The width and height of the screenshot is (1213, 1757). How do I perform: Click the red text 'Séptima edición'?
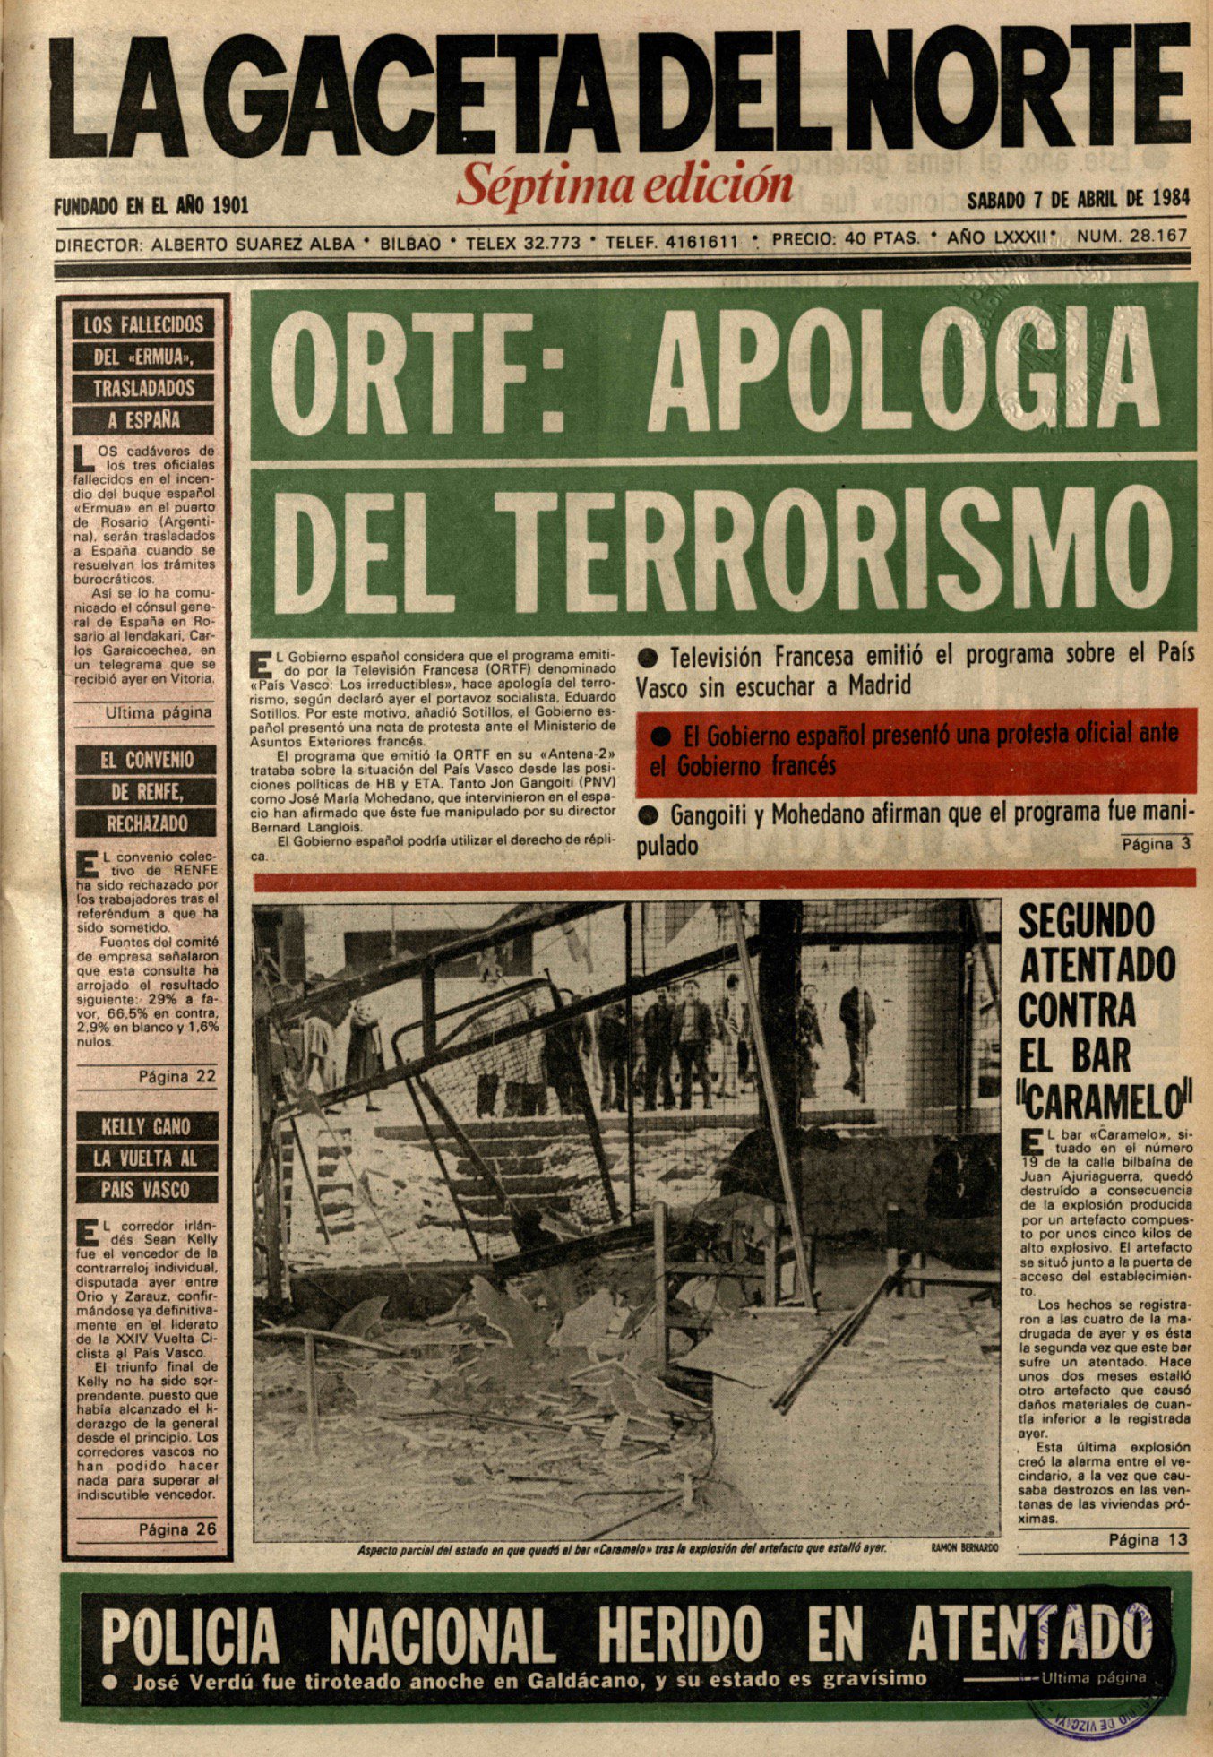[x=624, y=185]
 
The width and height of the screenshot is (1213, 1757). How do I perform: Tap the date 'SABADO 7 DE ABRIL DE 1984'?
[x=1079, y=199]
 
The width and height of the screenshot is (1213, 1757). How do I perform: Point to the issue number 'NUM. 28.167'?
[x=1132, y=237]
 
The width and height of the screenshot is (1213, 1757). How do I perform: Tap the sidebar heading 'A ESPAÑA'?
[x=143, y=420]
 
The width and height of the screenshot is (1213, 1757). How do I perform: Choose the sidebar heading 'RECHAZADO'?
[x=147, y=823]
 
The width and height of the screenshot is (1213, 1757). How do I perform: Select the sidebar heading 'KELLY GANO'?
[x=145, y=1126]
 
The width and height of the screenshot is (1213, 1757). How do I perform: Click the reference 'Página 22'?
[x=176, y=1076]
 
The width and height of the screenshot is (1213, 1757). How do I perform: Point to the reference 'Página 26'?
[x=176, y=1529]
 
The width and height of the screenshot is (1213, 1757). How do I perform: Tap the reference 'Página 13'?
[x=1148, y=1539]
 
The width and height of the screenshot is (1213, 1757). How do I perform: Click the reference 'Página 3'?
[x=1156, y=844]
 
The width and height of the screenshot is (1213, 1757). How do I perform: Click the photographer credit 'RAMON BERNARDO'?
[x=964, y=1547]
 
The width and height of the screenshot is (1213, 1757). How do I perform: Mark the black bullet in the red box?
[x=661, y=736]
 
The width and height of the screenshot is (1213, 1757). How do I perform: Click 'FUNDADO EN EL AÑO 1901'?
[x=151, y=206]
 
